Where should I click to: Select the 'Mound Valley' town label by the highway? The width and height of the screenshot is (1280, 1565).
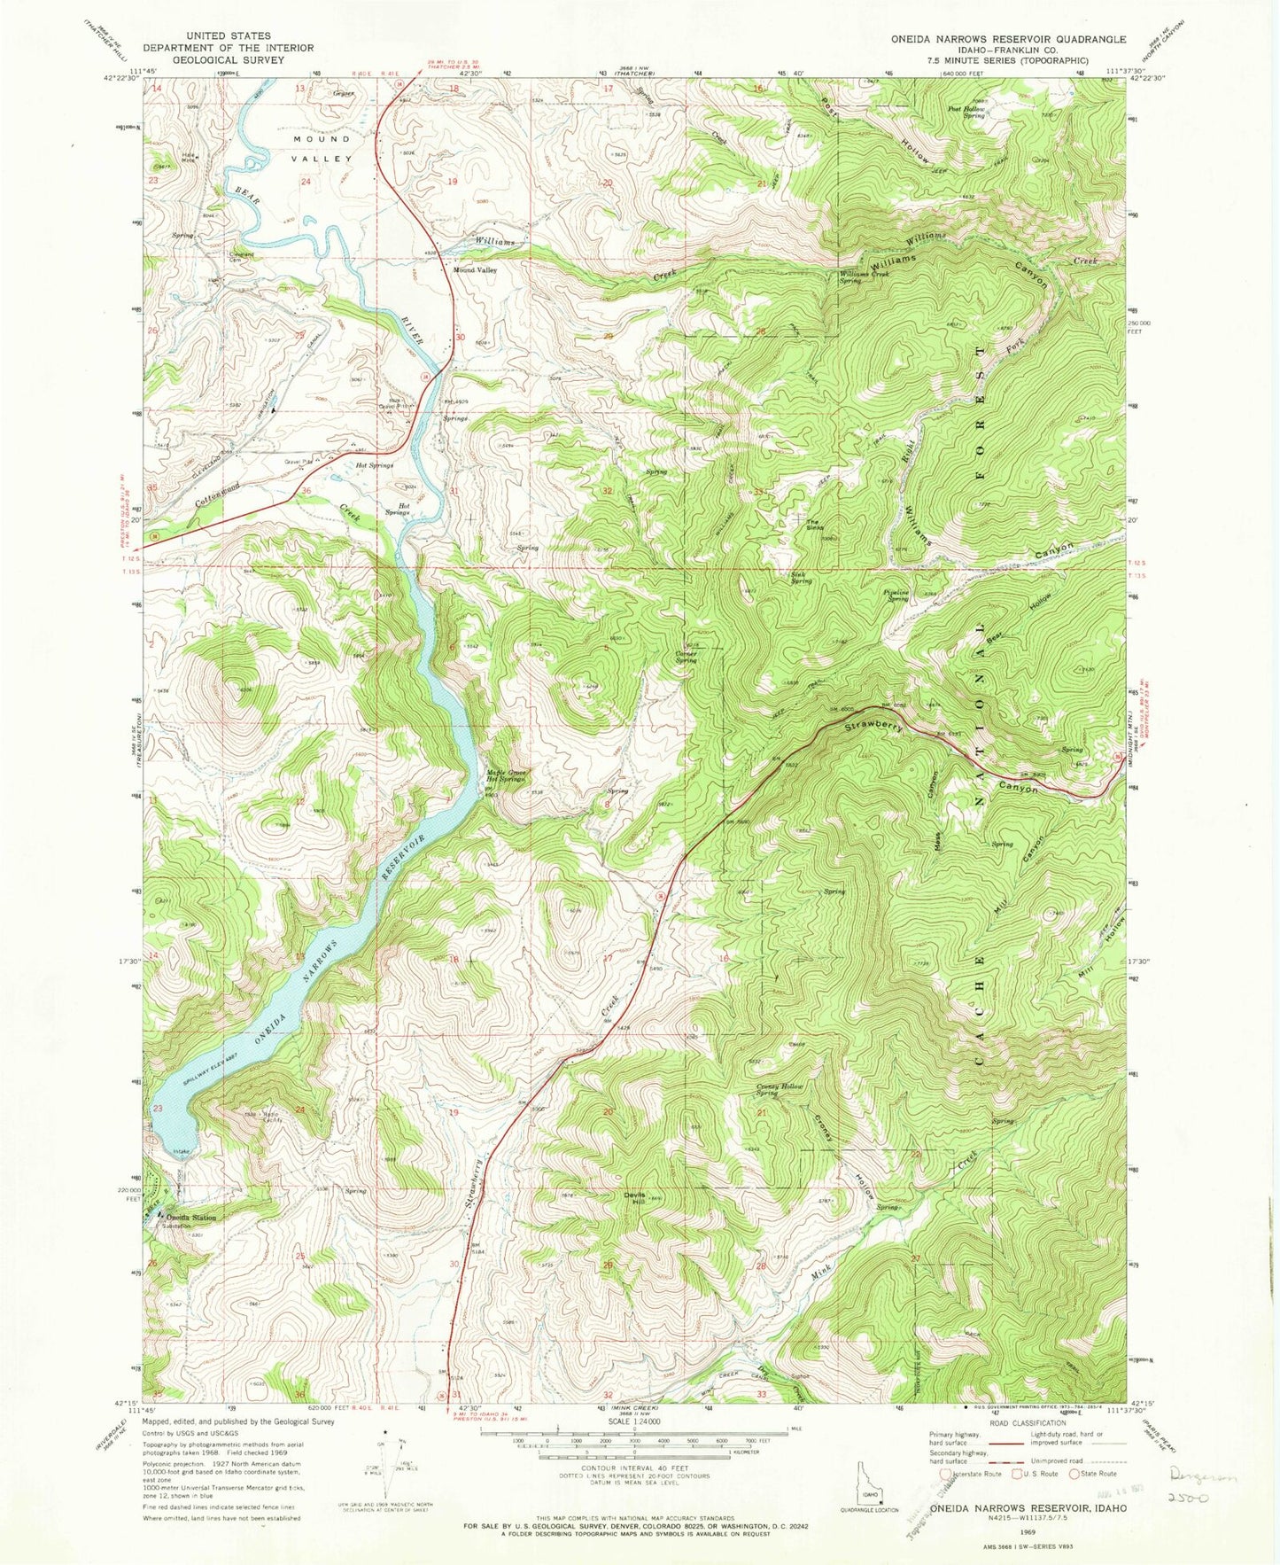(x=476, y=269)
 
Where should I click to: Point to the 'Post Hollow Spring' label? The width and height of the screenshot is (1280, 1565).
(x=966, y=113)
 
